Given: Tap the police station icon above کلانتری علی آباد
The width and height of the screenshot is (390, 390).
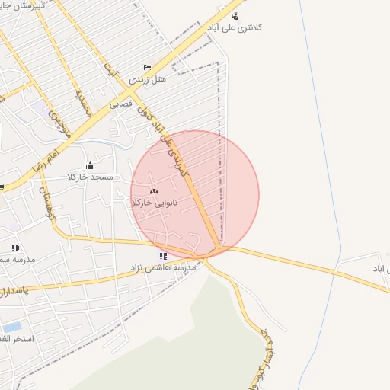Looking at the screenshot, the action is pyautogui.click(x=235, y=15).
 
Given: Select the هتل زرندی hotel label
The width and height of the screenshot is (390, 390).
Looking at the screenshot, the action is pyautogui.click(x=147, y=78).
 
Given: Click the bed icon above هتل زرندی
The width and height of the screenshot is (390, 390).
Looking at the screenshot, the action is pyautogui.click(x=147, y=67).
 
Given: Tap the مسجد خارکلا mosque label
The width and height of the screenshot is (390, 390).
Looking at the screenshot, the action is pyautogui.click(x=91, y=177).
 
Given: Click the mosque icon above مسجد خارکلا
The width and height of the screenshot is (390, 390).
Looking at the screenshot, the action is pyautogui.click(x=91, y=165).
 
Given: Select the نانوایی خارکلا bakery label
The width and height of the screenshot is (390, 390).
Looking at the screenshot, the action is pyautogui.click(x=154, y=203).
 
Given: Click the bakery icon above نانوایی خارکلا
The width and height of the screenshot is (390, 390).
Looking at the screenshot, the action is pyautogui.click(x=154, y=191).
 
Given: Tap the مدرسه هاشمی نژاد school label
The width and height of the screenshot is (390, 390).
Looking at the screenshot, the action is pyautogui.click(x=164, y=267).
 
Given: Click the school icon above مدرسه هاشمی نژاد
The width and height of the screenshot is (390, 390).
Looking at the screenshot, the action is pyautogui.click(x=163, y=256).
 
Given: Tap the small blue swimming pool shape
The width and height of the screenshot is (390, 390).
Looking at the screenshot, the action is pyautogui.click(x=11, y=327).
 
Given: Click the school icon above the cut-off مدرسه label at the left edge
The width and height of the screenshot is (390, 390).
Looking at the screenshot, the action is pyautogui.click(x=15, y=248).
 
